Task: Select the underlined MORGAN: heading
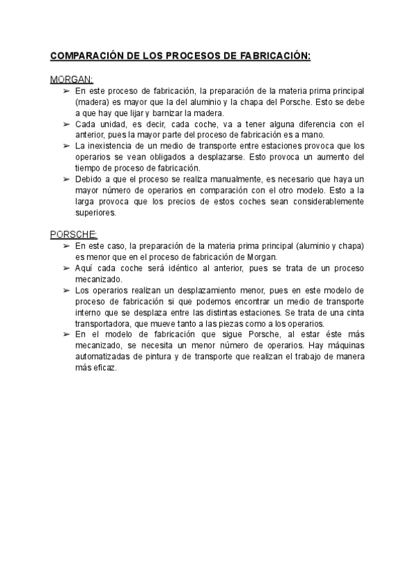click(x=72, y=79)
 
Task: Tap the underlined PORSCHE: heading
click(x=74, y=234)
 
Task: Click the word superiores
click(x=95, y=213)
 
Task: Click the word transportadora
click(x=106, y=323)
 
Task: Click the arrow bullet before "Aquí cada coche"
click(x=66, y=268)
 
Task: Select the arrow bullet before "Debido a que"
click(x=66, y=180)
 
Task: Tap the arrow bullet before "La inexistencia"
click(x=66, y=146)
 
